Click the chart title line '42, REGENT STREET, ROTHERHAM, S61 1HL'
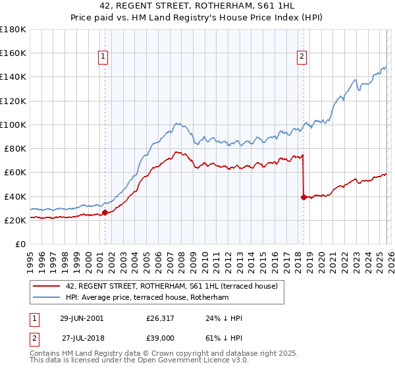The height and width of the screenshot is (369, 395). pyautogui.click(x=197, y=6)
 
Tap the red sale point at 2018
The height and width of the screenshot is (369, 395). pyautogui.click(x=303, y=197)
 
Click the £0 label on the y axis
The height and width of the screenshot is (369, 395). pyautogui.click(x=20, y=244)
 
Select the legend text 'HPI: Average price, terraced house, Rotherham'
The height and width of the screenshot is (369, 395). pyautogui.click(x=146, y=298)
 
